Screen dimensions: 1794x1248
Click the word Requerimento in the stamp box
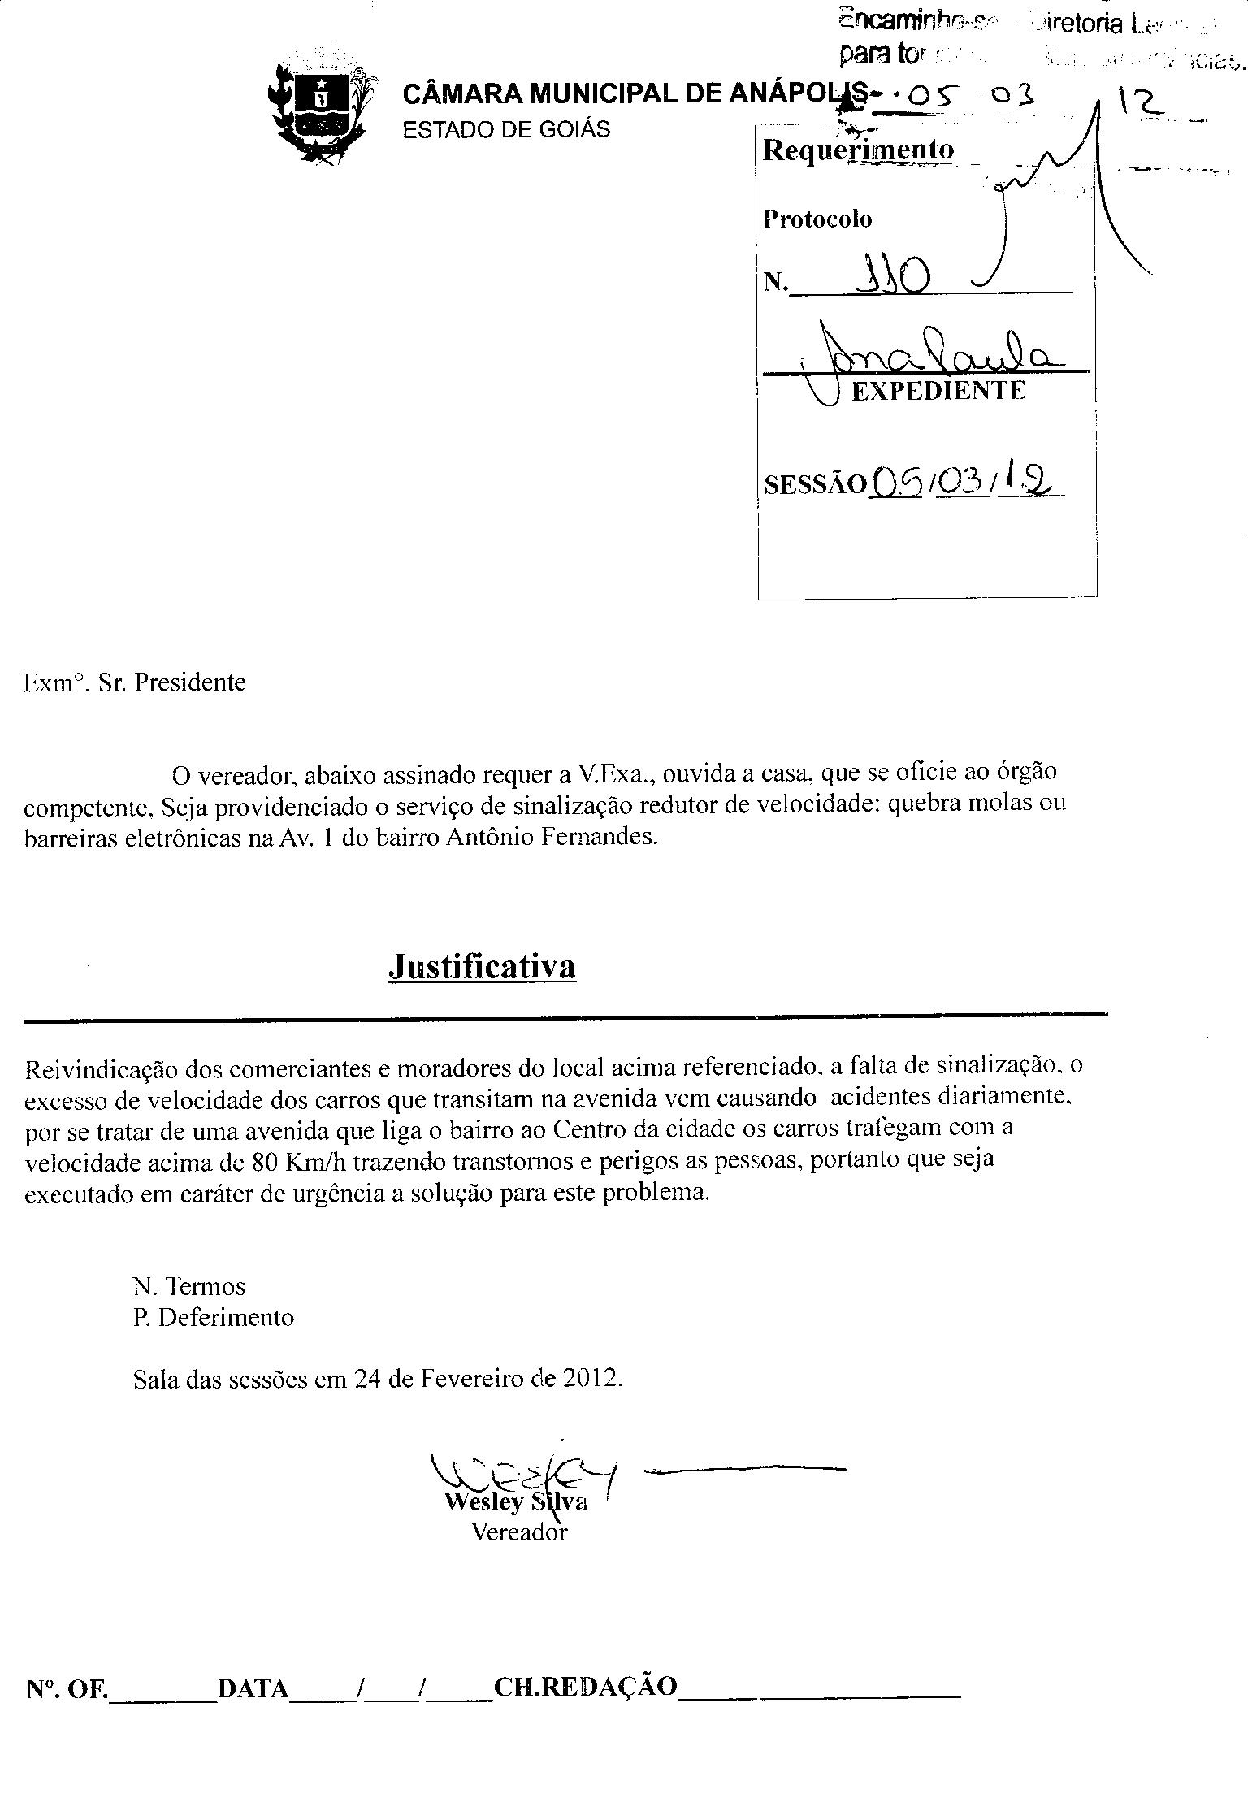858,150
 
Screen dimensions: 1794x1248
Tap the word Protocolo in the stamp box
817,219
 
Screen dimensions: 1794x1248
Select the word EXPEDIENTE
938,391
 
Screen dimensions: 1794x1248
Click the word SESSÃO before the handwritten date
815,484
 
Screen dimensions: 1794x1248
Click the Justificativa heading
482,966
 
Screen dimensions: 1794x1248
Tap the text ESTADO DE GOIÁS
506,130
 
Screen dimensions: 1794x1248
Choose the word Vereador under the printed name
519,1532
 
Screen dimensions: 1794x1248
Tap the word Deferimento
226,1317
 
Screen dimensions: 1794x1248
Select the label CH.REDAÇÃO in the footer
585,1688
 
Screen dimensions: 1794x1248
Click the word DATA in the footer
253,1689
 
